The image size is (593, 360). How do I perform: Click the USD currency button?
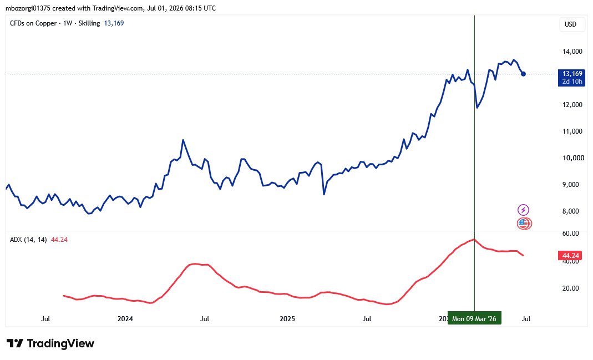pyautogui.click(x=570, y=24)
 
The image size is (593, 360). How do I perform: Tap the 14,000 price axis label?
pyautogui.click(x=572, y=52)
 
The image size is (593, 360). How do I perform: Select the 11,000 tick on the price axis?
pyautogui.click(x=572, y=131)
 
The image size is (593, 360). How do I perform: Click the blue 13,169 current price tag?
pyautogui.click(x=572, y=78)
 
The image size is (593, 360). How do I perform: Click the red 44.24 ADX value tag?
pyautogui.click(x=570, y=256)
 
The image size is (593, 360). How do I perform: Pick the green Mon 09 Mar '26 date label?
pyautogui.click(x=474, y=318)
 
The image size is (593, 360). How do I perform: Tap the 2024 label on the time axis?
pyautogui.click(x=125, y=319)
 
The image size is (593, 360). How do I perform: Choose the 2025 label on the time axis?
pyautogui.click(x=287, y=319)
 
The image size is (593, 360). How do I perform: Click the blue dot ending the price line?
pyautogui.click(x=523, y=74)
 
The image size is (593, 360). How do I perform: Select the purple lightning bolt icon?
pyautogui.click(x=524, y=210)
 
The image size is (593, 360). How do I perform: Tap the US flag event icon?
pyautogui.click(x=524, y=224)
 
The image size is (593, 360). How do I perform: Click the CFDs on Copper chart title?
pyautogui.click(x=33, y=23)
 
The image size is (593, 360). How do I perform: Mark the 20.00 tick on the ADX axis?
pyautogui.click(x=571, y=288)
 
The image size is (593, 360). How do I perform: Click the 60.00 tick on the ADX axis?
pyautogui.click(x=571, y=234)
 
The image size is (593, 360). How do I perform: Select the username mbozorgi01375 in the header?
pyautogui.click(x=28, y=8)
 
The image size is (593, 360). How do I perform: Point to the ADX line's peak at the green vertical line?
pyautogui.click(x=475, y=240)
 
